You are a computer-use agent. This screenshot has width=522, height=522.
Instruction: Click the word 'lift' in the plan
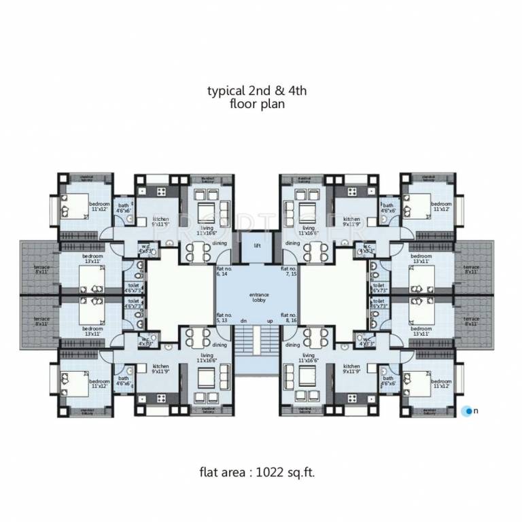[x=258, y=245]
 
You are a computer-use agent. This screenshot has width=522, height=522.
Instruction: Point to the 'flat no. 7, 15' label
[x=290, y=272]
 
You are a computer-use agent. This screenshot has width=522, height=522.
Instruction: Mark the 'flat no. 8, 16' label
[x=290, y=318]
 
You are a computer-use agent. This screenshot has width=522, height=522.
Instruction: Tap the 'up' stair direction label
[x=270, y=321]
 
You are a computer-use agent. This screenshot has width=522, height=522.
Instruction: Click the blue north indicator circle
[x=468, y=411]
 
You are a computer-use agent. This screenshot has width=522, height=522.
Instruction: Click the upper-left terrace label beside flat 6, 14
[x=41, y=268]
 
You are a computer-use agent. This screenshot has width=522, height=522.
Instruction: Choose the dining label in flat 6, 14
[x=219, y=243]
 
